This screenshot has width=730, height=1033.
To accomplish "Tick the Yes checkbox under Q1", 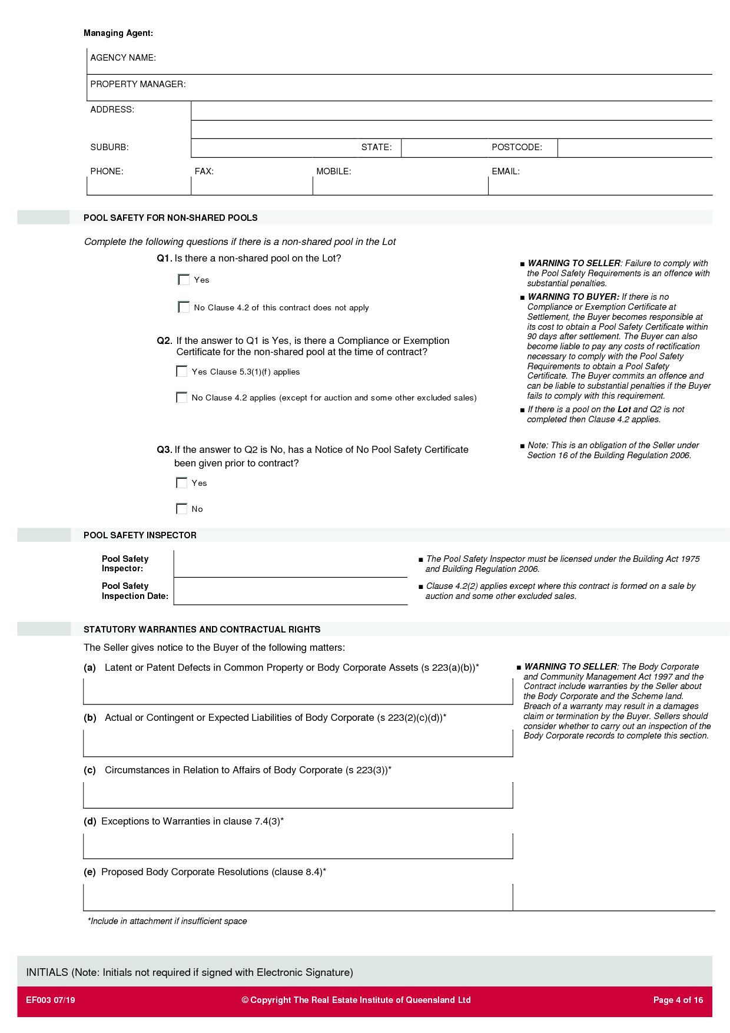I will (184, 280).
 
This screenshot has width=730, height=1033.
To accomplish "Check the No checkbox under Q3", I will (181, 509).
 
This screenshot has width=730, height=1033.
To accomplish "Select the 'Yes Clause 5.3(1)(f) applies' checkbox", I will (181, 372).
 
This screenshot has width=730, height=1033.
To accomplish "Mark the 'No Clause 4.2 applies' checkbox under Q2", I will (181, 398).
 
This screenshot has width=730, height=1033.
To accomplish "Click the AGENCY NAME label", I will (123, 58).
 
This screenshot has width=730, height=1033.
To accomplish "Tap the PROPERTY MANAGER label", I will (138, 84).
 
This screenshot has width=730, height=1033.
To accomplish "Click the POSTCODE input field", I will (634, 148).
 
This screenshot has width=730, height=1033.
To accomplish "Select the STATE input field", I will (444, 148).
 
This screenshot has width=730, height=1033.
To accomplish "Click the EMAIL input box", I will (600, 186).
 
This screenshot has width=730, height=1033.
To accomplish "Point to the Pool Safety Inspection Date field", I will (290, 591).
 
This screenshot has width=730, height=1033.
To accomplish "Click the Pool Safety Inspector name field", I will (290, 564).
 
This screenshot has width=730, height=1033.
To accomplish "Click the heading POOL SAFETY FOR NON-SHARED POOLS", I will (171, 218).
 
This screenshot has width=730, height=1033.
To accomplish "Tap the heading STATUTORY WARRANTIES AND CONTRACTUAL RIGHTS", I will (202, 630).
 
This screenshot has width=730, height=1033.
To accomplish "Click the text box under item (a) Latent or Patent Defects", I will (298, 691).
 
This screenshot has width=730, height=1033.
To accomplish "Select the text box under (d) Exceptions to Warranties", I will (298, 846).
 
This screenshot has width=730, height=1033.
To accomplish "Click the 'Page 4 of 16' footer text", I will (678, 1000).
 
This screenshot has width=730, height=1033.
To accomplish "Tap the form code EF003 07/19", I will (51, 1000).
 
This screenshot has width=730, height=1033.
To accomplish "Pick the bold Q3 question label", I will (164, 450).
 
